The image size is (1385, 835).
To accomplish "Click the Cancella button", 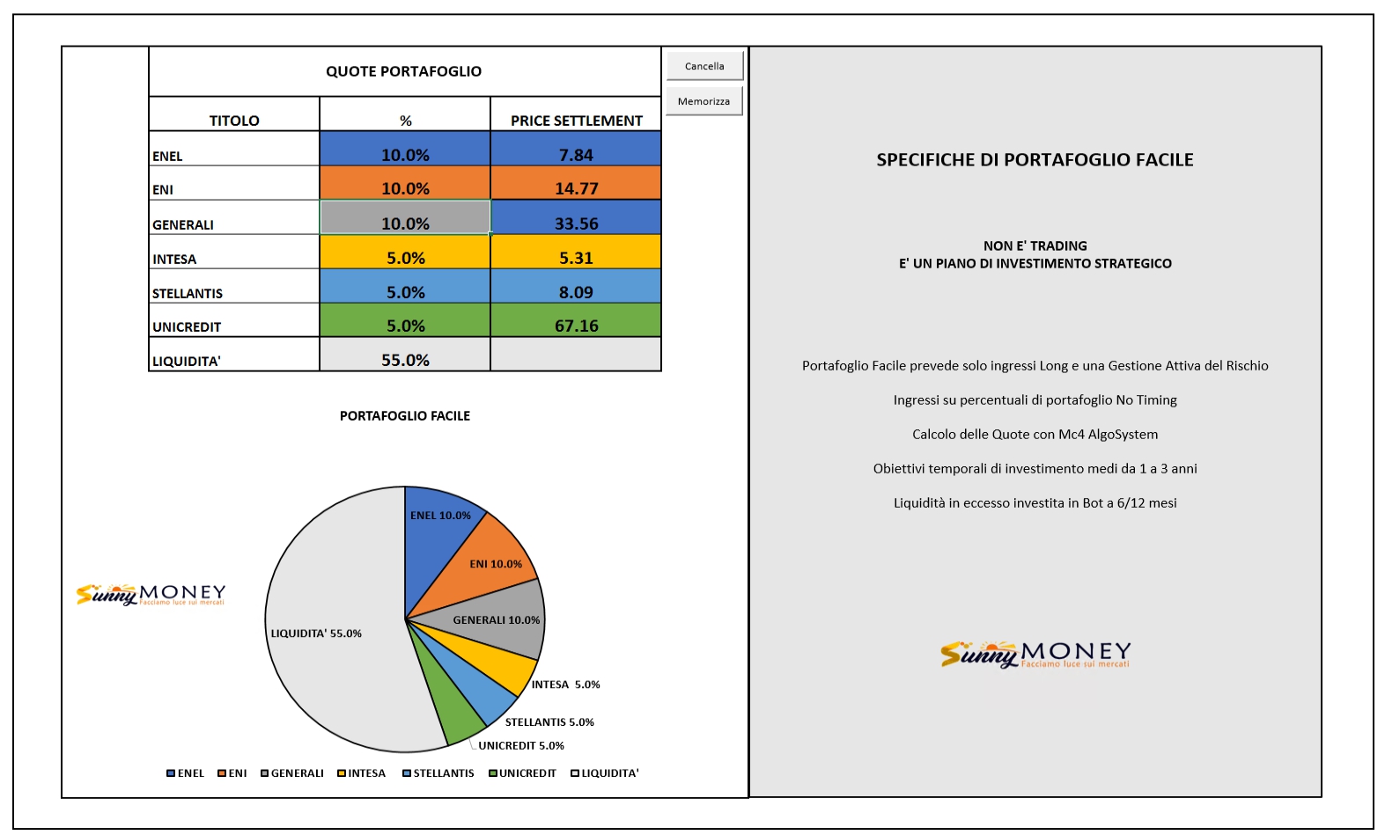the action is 704,65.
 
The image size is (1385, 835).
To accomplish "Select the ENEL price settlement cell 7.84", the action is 576,149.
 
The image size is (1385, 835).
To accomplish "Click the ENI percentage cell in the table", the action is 405,183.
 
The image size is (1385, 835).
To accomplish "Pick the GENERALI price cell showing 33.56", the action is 576,217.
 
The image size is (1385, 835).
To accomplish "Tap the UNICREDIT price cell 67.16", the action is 576,319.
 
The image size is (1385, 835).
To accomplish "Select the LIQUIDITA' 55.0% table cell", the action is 405,354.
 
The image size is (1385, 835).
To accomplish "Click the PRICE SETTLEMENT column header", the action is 576,121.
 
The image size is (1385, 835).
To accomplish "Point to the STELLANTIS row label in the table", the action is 188,294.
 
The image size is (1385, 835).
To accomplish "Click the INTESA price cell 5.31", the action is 576,252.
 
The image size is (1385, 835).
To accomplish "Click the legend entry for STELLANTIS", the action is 438,773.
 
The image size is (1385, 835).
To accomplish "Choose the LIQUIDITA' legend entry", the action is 605,773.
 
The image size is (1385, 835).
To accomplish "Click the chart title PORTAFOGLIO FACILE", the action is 405,416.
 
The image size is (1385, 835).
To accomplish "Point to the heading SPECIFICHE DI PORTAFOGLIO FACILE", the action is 1035,160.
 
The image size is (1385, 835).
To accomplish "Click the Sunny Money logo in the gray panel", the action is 1035,655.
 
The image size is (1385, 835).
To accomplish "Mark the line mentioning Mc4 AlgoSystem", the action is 1035,435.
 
